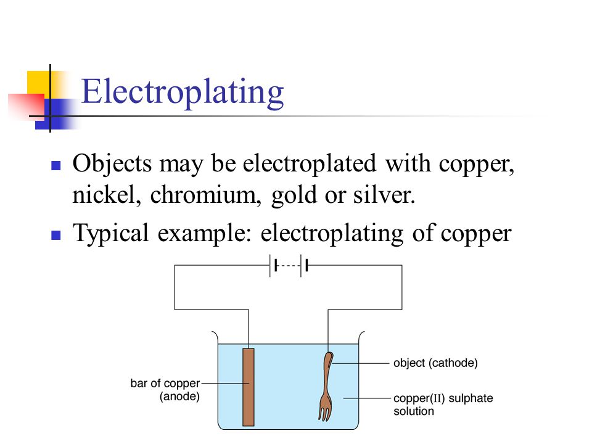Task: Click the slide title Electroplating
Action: click(183, 92)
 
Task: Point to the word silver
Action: click(384, 195)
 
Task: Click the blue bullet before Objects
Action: click(56, 166)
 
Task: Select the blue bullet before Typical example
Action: click(56, 235)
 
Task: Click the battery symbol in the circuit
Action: click(289, 266)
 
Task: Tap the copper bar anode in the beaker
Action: click(249, 387)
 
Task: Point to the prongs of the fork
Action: click(325, 413)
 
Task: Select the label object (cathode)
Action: click(435, 363)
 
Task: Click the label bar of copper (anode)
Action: click(165, 390)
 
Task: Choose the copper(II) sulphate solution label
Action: click(443, 405)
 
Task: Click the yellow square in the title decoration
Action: click(38, 82)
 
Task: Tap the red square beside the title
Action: click(27, 107)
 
